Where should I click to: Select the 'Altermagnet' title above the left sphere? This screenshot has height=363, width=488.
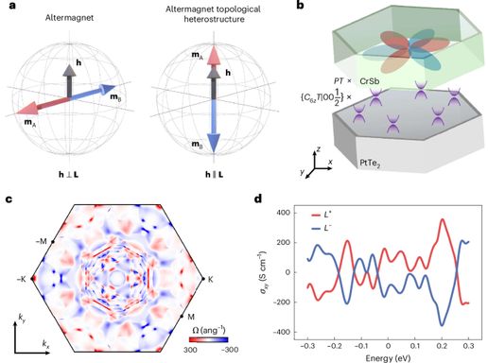69,18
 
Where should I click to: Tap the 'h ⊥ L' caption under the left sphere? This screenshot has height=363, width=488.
69,174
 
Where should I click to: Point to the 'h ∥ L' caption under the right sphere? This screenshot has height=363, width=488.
215,174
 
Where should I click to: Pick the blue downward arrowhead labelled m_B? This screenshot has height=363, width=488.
214,142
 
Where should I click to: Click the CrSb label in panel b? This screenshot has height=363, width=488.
370,81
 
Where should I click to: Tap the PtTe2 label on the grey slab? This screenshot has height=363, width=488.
370,164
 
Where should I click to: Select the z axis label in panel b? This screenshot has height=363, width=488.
319,149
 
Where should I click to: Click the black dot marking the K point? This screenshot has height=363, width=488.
203,279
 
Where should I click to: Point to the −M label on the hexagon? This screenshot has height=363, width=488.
41,242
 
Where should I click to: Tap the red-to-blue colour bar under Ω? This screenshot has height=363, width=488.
208,339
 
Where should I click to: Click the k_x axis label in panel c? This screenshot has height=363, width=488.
45,344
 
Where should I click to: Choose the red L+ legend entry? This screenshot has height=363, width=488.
322,216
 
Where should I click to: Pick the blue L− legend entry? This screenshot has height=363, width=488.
322,228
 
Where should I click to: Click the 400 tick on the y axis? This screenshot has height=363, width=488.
284,213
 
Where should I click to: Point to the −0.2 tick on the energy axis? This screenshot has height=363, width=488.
335,346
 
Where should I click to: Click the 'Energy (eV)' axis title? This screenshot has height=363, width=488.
388,358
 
